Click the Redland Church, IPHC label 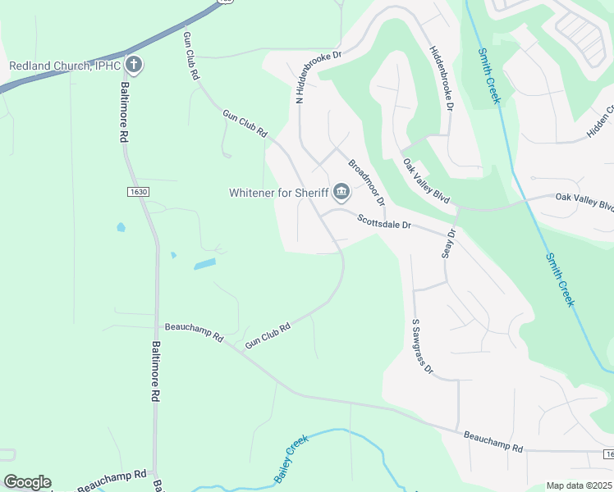click(64, 66)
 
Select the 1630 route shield click(139, 191)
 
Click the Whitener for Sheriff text click(278, 194)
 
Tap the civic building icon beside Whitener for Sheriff click(341, 194)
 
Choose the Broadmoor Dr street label click(366, 182)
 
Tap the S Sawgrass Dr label click(422, 346)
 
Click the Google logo click(27, 482)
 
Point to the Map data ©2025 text click(580, 485)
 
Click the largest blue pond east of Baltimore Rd click(205, 264)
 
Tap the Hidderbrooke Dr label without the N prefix click(440, 78)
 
